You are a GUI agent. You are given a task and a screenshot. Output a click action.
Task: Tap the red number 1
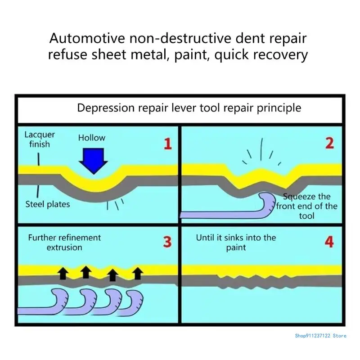(167, 144)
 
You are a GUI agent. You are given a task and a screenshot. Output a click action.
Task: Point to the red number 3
(167, 242)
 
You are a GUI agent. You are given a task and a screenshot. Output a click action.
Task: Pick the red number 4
(329, 242)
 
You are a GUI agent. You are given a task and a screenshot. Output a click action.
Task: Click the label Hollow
(92, 138)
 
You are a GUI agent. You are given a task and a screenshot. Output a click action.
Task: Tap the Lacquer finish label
(40, 139)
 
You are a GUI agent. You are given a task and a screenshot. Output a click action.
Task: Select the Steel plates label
(47, 205)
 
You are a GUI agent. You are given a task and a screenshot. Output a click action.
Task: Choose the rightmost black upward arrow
(138, 272)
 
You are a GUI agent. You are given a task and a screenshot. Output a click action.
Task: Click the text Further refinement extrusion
(64, 242)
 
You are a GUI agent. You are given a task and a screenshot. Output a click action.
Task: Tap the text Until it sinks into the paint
(236, 242)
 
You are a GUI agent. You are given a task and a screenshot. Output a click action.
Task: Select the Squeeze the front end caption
(306, 206)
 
